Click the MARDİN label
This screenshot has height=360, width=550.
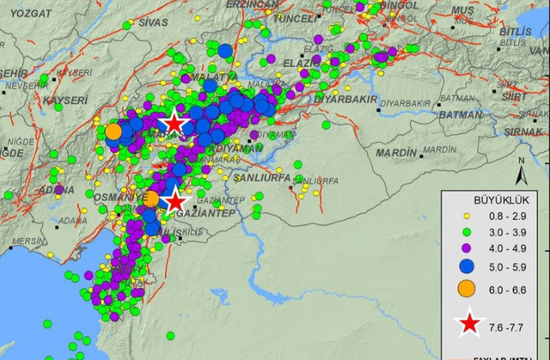(x=396, y=152)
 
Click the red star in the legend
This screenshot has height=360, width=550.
(x=469, y=325)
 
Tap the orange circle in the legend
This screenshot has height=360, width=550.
(x=468, y=287)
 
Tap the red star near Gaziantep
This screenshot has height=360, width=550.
(x=175, y=201)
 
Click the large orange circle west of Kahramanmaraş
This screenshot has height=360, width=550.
(x=113, y=131)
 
